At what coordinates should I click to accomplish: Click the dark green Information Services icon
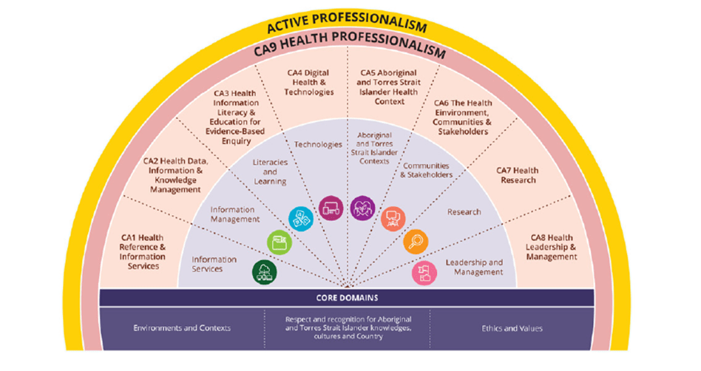(264, 272)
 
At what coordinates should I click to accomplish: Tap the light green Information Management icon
(280, 242)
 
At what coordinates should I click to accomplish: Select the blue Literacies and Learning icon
(301, 219)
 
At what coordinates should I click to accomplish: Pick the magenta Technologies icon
(331, 208)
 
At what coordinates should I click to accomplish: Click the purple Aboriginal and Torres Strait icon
(362, 208)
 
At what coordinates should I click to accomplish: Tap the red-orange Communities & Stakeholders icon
(393, 219)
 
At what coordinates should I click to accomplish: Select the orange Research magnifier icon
(416, 242)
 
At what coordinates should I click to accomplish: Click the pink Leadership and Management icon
(424, 273)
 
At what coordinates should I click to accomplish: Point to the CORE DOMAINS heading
(347, 298)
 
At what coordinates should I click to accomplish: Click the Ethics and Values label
(512, 329)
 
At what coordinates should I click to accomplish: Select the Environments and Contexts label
(182, 328)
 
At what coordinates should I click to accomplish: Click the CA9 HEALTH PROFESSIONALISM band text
(350, 44)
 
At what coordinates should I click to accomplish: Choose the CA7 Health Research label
(518, 175)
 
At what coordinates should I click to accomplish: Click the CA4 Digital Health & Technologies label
(308, 82)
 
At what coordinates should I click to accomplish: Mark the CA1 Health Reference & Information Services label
(143, 252)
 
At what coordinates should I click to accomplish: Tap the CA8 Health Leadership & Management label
(551, 247)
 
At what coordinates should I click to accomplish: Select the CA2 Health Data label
(175, 175)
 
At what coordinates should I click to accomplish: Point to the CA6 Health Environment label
(462, 117)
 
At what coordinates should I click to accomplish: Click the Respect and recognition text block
(348, 327)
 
